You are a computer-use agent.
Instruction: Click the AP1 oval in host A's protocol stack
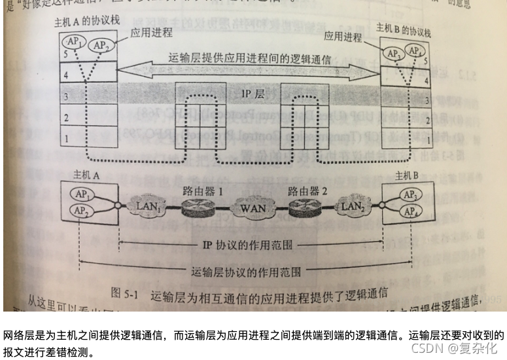[x=74, y=42]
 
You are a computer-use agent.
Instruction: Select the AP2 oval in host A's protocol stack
[x=101, y=45]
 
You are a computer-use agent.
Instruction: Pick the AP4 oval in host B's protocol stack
[x=413, y=50]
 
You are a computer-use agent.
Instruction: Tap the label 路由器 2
[x=307, y=191]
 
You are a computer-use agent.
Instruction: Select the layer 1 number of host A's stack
[x=65, y=139]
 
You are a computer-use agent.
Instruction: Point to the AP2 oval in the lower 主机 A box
[x=82, y=211]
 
